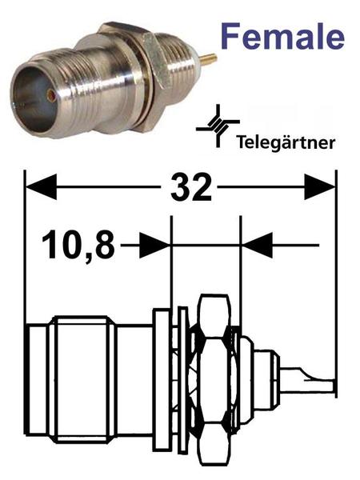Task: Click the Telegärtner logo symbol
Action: [218, 126]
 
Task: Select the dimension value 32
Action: [191, 186]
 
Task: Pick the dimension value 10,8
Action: [78, 245]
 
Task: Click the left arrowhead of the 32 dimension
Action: [41, 186]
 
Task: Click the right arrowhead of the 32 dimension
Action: [319, 186]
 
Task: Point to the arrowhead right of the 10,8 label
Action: [155, 245]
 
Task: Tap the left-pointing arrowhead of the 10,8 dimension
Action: [258, 245]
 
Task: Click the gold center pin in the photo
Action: [209, 58]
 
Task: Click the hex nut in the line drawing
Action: [214, 381]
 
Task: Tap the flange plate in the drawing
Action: [162, 381]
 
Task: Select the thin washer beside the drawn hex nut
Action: [182, 381]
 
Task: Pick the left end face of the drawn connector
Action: [26, 381]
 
